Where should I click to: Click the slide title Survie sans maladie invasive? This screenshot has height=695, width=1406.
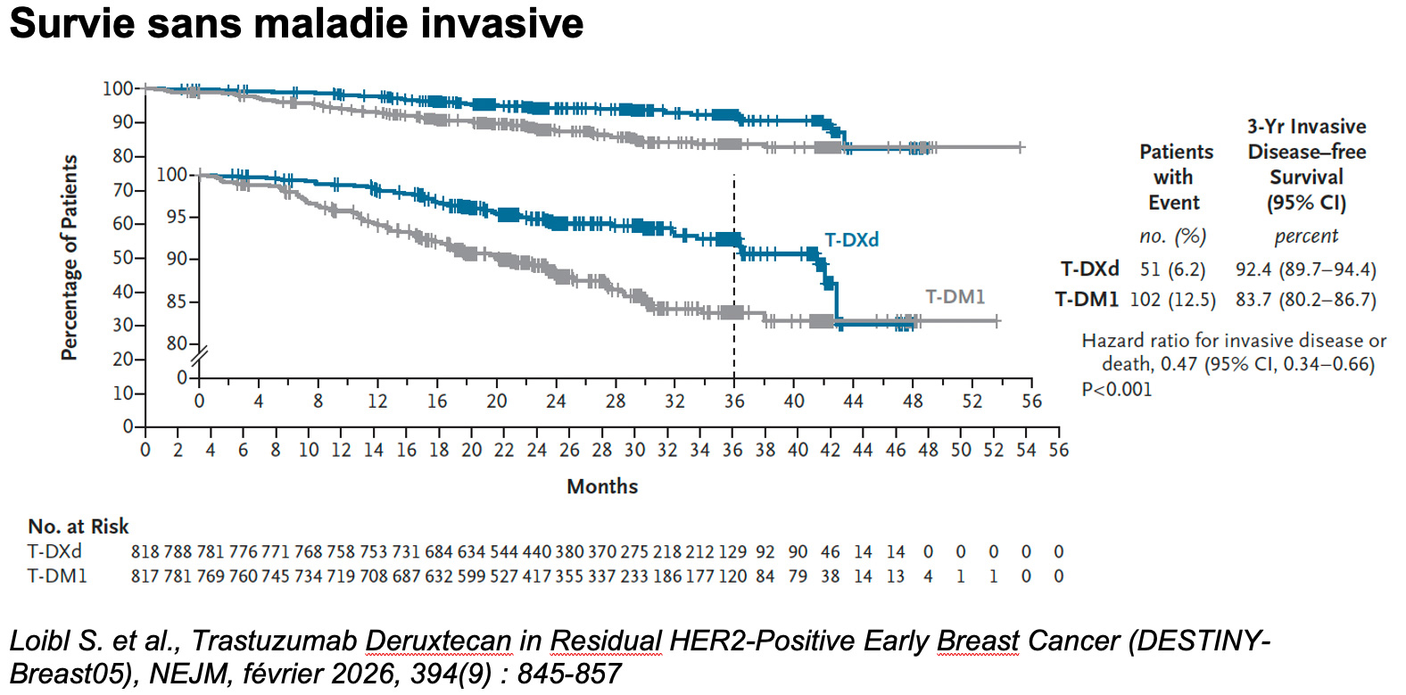pos(296,24)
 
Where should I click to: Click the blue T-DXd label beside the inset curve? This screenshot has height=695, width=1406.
pos(851,240)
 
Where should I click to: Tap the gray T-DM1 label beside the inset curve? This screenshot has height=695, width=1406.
pos(955,296)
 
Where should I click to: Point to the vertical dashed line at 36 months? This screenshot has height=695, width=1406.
pos(733,277)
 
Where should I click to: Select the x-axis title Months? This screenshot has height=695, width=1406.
pos(602,486)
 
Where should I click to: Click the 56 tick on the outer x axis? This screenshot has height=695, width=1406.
pos(1059,450)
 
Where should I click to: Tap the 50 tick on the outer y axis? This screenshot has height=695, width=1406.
pos(122,258)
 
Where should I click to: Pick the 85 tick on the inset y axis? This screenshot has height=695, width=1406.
pos(177,302)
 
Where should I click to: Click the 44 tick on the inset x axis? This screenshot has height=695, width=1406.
pos(853,401)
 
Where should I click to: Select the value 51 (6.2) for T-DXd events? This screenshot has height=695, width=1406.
pos(1172,269)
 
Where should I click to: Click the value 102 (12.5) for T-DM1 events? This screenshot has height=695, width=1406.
pos(1172,300)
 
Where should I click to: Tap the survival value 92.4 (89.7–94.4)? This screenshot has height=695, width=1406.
pos(1306,269)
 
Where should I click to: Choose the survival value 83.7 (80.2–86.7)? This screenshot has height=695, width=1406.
pos(1306,300)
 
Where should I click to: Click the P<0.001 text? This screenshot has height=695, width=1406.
pos(1117,389)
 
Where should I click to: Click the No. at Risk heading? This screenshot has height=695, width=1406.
pos(79,526)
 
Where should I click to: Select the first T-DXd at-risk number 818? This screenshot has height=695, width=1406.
pos(145,552)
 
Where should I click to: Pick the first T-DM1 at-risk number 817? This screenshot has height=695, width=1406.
pos(145,576)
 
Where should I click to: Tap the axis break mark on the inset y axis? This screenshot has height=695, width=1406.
pos(199,357)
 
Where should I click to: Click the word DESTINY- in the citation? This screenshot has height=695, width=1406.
pos(1200,641)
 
